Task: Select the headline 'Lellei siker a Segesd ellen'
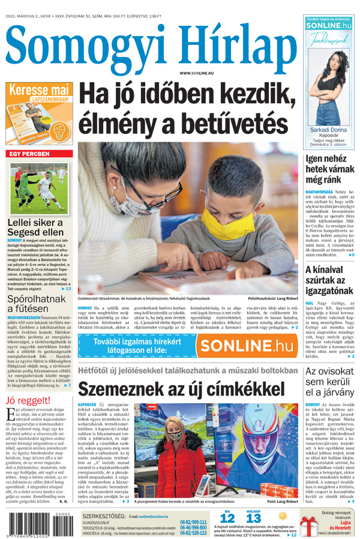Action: pyautogui.click(x=35, y=227)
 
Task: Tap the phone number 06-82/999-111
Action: pyautogui.click(x=193, y=522)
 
